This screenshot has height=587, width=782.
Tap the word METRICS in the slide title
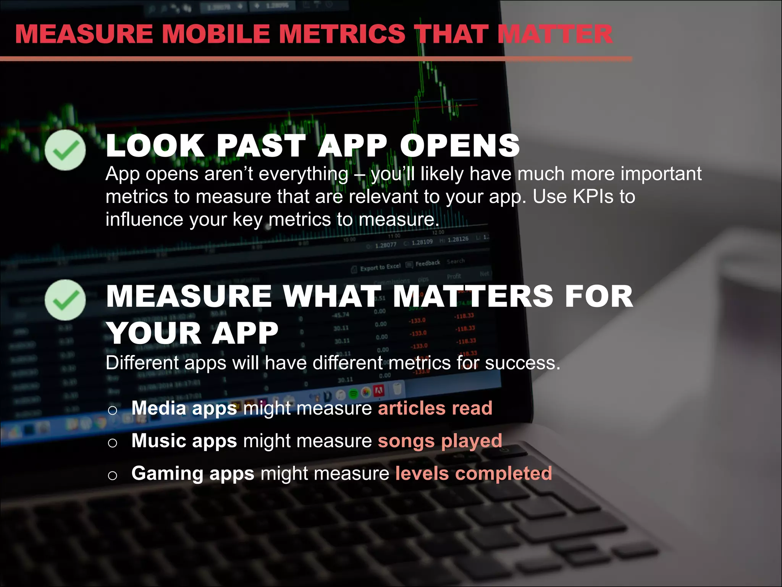point(342,34)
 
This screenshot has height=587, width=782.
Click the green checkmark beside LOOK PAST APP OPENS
point(65,150)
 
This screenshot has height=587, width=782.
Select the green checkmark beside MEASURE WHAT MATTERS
point(65,300)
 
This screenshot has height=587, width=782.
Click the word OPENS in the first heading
point(460,146)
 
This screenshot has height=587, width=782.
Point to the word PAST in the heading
point(261,146)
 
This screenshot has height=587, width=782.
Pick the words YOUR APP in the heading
point(192,333)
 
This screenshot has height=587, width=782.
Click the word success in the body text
point(522,363)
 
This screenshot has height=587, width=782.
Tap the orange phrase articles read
point(435,408)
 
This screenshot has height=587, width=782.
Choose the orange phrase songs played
point(440,441)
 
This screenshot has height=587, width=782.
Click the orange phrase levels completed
point(473,473)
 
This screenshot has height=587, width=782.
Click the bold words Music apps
point(184,441)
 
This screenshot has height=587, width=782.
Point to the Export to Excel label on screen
point(380,267)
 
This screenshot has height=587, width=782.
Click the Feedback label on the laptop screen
point(427,263)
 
